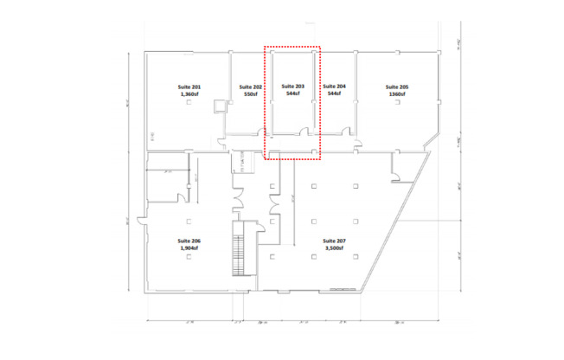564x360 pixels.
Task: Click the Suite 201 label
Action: [189, 87]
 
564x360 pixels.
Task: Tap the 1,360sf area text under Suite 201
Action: [189, 94]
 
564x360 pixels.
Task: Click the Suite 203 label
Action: [293, 87]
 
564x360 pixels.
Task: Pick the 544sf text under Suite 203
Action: [293, 94]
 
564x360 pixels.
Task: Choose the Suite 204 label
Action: [334, 87]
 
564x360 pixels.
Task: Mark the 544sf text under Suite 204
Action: [334, 94]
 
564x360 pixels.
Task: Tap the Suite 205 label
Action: [397, 87]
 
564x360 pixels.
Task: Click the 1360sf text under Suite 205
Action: [397, 94]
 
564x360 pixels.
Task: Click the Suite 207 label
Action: [333, 241]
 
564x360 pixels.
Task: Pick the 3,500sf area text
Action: [333, 247]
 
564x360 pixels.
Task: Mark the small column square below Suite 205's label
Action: [397, 103]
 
